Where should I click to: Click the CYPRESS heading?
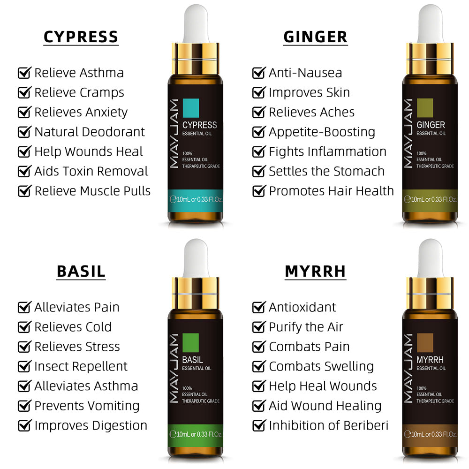(81, 37)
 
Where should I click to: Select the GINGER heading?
(315, 37)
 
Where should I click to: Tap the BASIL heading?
(81, 272)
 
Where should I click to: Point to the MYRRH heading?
(315, 272)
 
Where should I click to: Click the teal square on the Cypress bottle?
(191, 108)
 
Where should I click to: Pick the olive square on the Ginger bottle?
(425, 108)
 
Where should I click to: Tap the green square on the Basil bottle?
(190, 343)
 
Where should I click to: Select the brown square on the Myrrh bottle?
(425, 343)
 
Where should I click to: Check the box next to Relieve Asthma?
(24, 73)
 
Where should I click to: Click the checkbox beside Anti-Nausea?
(259, 73)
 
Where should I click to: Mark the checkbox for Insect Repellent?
(24, 366)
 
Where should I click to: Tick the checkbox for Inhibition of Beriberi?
(259, 426)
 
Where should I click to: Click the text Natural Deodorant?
(90, 132)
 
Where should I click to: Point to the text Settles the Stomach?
(326, 171)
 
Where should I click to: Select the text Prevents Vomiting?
(87, 406)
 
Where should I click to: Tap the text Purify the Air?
(306, 327)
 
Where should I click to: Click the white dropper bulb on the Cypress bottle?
(196, 23)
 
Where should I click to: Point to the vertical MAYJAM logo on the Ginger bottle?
(408, 133)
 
